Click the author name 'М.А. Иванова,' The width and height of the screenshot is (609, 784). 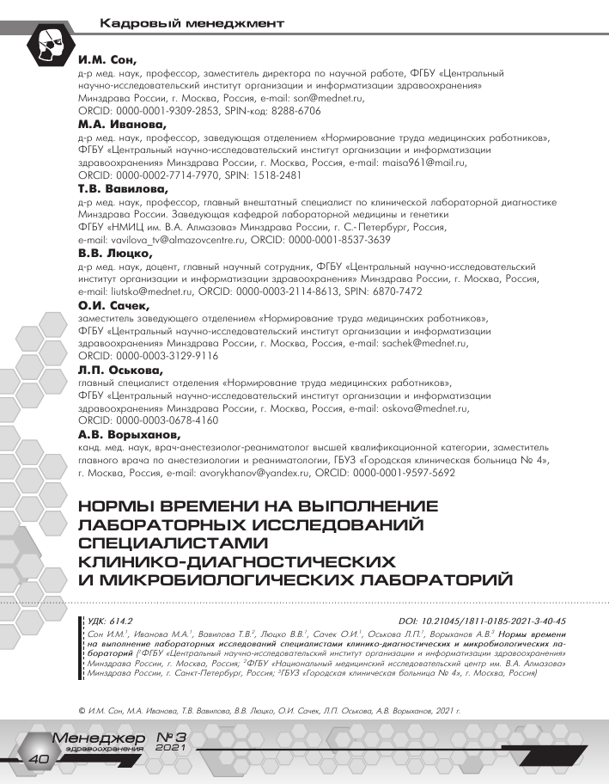[x=124, y=125]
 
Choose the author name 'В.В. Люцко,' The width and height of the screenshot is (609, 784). [x=115, y=254]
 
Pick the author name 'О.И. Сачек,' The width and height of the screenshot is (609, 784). [x=113, y=305]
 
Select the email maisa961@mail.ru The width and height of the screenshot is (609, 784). [x=420, y=162]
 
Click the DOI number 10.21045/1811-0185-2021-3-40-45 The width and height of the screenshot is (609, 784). [x=496, y=619]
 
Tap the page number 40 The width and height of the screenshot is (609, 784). [x=40, y=759]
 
